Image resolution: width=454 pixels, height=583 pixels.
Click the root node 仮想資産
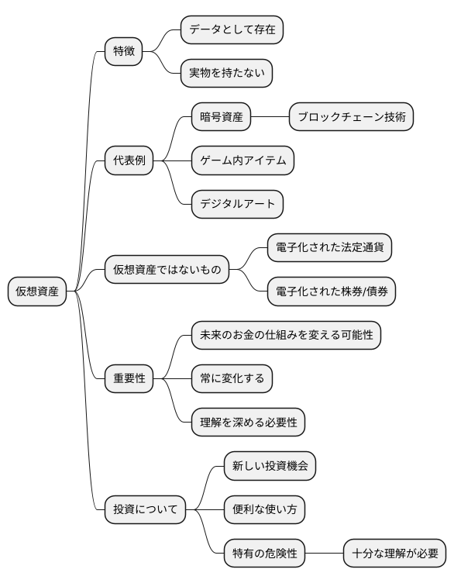(x=37, y=291)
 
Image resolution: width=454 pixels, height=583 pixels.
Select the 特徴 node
(x=124, y=52)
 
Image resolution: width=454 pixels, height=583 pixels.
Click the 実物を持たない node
(x=226, y=74)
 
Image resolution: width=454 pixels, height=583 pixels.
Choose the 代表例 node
(x=129, y=161)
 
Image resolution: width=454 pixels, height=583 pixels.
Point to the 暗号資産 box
(x=222, y=118)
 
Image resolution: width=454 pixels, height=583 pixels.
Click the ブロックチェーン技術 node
(x=350, y=118)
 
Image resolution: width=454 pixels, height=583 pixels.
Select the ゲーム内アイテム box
(x=243, y=161)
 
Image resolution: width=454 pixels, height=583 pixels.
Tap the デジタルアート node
(x=237, y=205)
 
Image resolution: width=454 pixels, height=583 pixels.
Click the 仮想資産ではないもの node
(x=167, y=271)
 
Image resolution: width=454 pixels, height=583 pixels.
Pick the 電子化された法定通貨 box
(x=328, y=248)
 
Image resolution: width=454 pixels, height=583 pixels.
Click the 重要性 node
(x=129, y=379)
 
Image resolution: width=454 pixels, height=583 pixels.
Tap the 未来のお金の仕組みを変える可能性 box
(x=286, y=336)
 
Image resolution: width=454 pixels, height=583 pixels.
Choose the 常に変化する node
(x=232, y=379)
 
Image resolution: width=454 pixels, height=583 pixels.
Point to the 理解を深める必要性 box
(x=248, y=423)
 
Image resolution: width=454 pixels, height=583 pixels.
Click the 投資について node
(x=146, y=510)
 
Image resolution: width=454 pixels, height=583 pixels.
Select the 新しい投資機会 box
(x=270, y=467)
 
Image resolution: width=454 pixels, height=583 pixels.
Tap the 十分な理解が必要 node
(x=395, y=554)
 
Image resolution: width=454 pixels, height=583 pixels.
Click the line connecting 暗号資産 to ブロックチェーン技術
(x=270, y=118)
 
